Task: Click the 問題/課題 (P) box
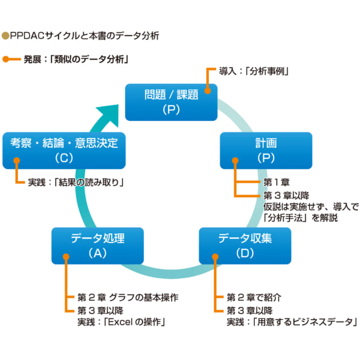pyautogui.click(x=171, y=101)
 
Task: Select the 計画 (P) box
pyautogui.click(x=266, y=150)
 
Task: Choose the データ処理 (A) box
pyautogui.click(x=97, y=245)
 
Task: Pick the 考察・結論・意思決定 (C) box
pyautogui.click(x=64, y=150)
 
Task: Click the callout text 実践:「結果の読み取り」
pyautogui.click(x=76, y=182)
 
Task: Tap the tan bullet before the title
pyautogui.click(x=5, y=36)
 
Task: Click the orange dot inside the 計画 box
pyautogui.click(x=235, y=161)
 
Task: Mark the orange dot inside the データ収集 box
pyautogui.click(x=214, y=255)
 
